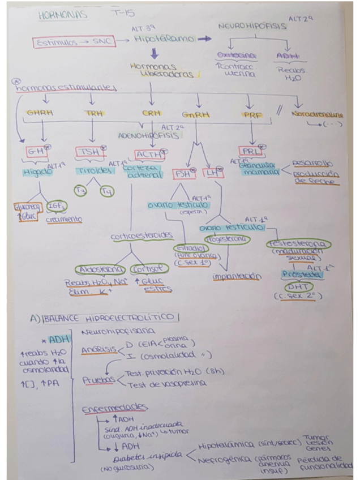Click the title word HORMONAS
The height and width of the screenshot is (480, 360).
(x=63, y=15)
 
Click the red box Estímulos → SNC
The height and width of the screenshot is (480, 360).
(x=74, y=41)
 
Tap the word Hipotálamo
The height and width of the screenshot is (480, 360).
(x=164, y=39)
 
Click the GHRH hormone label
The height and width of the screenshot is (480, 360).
(x=40, y=113)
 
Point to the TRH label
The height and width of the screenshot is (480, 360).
(x=93, y=113)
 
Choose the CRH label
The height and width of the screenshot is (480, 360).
(x=151, y=113)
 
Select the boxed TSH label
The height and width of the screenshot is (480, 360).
(x=91, y=152)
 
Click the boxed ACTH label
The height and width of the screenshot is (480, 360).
(x=149, y=153)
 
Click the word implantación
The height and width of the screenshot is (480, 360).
(x=236, y=277)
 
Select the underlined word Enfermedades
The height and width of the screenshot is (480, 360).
(x=107, y=408)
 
